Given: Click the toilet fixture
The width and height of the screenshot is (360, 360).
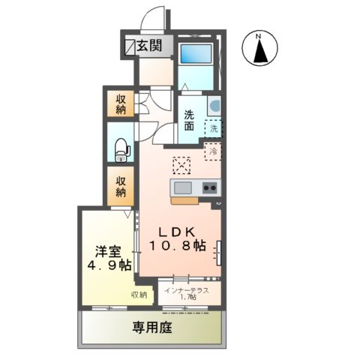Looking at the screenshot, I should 121,151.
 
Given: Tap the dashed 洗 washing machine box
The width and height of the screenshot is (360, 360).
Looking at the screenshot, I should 214,128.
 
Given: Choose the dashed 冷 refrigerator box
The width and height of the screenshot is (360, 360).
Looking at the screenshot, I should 214,151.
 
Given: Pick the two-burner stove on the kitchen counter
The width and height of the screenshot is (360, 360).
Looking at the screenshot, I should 209,187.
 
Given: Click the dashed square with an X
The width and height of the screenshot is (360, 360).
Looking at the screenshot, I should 182,164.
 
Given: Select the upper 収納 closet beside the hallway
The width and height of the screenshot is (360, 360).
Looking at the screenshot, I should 121,103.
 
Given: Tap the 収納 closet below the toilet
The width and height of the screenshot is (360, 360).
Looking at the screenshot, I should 121,187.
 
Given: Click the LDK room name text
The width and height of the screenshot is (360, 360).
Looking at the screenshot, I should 176,232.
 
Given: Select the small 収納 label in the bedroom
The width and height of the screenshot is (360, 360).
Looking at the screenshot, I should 139,295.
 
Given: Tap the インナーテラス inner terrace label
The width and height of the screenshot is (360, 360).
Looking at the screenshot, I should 187,289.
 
